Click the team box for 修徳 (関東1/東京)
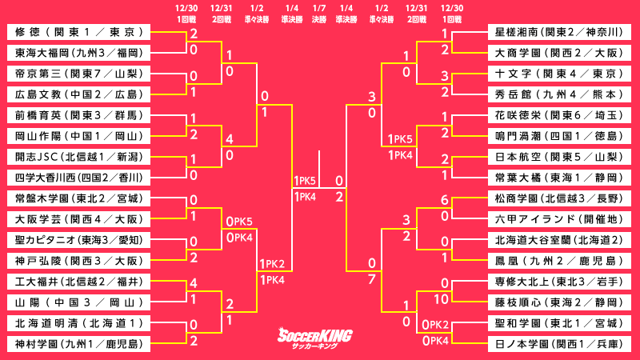(79, 32)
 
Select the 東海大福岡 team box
(79, 53)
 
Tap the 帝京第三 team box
(79, 74)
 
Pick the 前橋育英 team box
(79, 115)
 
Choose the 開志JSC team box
(79, 157)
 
